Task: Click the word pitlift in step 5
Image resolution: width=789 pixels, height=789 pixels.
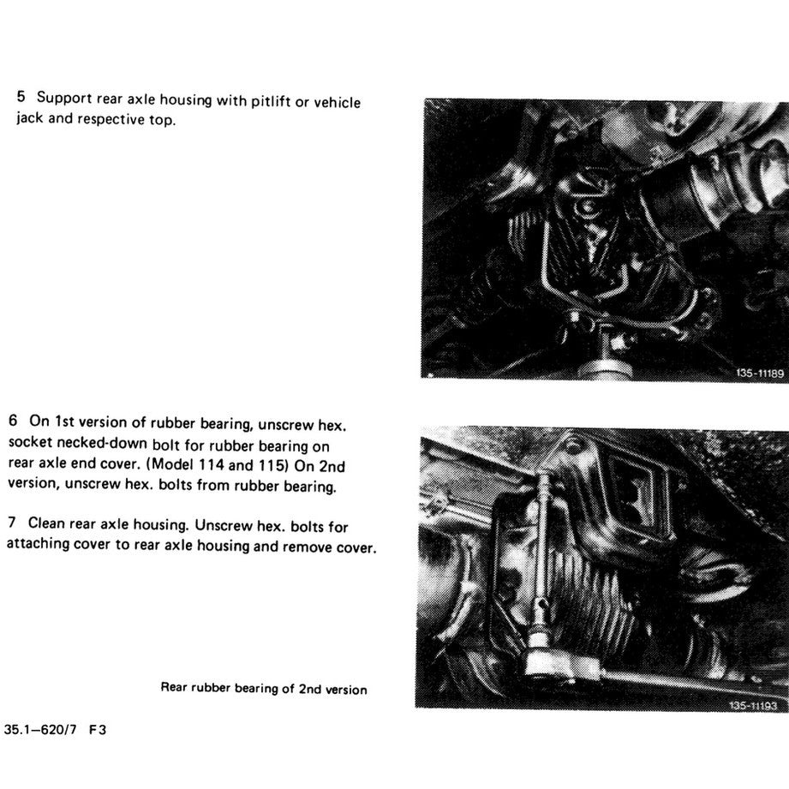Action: click(266, 102)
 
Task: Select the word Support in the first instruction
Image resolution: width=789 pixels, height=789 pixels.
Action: click(62, 101)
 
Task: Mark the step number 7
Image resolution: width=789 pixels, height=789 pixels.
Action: click(13, 524)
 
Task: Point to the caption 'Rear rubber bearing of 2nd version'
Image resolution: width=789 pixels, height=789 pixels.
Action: click(264, 689)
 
